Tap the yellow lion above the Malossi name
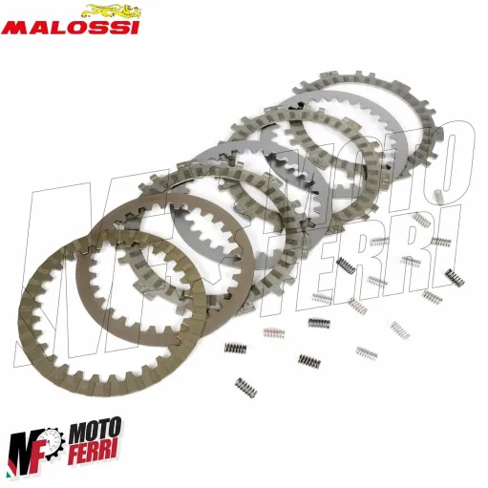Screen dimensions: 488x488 pyautogui.click(x=107, y=11)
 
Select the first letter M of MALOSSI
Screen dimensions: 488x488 pyautogui.click(x=16, y=28)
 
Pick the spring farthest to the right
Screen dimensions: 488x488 pyautogui.click(x=441, y=241)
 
